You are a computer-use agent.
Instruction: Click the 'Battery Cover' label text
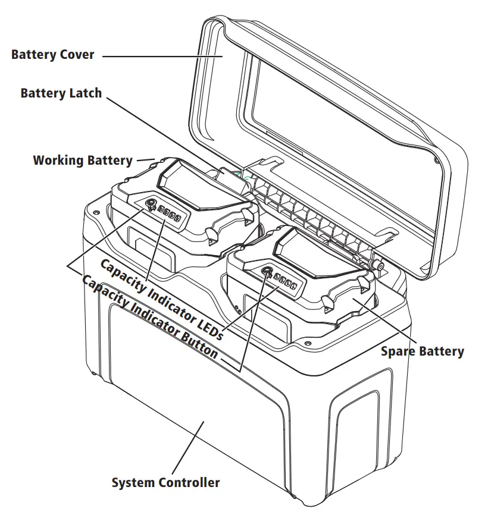pyautogui.click(x=52, y=55)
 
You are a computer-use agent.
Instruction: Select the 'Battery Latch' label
pyautogui.click(x=61, y=93)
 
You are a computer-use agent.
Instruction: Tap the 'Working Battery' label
pyautogui.click(x=82, y=160)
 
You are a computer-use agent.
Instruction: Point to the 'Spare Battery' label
pyautogui.click(x=422, y=351)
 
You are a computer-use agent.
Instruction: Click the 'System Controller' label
pyautogui.click(x=165, y=482)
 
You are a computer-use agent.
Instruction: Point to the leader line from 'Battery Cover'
pyautogui.click(x=161, y=56)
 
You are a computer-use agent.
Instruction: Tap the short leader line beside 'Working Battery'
pyautogui.click(x=146, y=159)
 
